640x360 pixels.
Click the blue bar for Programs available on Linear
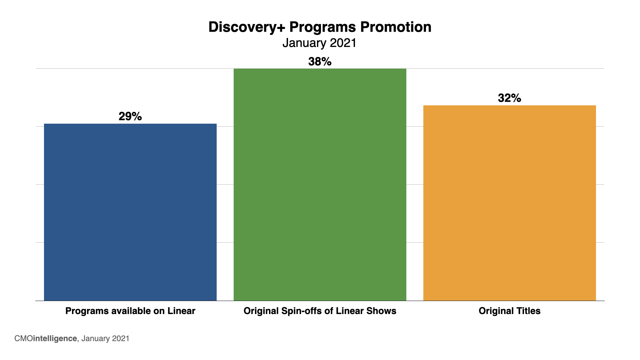pyautogui.click(x=130, y=212)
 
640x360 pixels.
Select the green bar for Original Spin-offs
pyautogui.click(x=320, y=184)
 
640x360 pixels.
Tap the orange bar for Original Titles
pyautogui.click(x=509, y=203)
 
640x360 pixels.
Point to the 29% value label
pyautogui.click(x=130, y=116)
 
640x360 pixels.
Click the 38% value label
pyautogui.click(x=320, y=62)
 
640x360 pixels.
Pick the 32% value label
pyautogui.click(x=509, y=98)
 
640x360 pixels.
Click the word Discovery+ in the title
pyautogui.click(x=247, y=27)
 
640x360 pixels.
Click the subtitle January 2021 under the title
pyautogui.click(x=320, y=43)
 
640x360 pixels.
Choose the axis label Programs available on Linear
pyautogui.click(x=130, y=311)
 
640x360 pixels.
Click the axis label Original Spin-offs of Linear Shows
pyautogui.click(x=320, y=311)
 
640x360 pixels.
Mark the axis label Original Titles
pyautogui.click(x=509, y=311)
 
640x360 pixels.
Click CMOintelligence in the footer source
pyautogui.click(x=46, y=339)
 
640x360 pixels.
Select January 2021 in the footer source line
pyautogui.click(x=105, y=339)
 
